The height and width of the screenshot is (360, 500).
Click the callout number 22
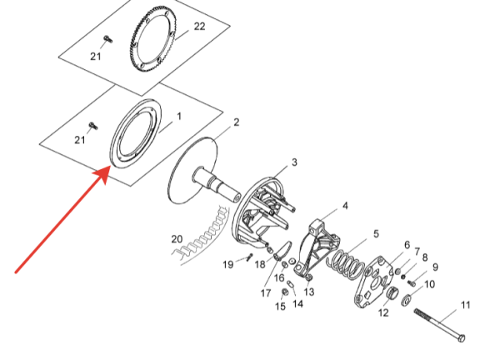pyautogui.click(x=200, y=27)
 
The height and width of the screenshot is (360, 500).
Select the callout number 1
pyautogui.click(x=179, y=117)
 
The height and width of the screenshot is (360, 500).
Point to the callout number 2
pyautogui.click(x=237, y=122)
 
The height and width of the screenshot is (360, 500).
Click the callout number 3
pyautogui.click(x=294, y=162)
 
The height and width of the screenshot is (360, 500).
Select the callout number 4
pyautogui.click(x=345, y=206)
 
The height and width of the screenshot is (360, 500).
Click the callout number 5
pyautogui.click(x=377, y=233)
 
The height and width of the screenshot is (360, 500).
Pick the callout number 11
pyautogui.click(x=466, y=305)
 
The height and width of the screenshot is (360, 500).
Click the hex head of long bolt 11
pyautogui.click(x=462, y=338)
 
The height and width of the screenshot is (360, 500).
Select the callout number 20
pyautogui.click(x=177, y=239)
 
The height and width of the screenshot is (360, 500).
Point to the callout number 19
pyautogui.click(x=227, y=264)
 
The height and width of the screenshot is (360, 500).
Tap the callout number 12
pyautogui.click(x=383, y=312)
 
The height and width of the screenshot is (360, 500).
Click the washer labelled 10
pyautogui.click(x=407, y=299)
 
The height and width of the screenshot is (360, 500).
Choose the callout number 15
pyautogui.click(x=280, y=306)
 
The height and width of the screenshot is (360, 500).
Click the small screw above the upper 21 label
pyautogui.click(x=108, y=39)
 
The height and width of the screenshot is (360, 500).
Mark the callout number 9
pyautogui.click(x=435, y=267)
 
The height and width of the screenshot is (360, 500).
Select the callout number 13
pyautogui.click(x=308, y=292)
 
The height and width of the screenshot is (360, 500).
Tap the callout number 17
pyautogui.click(x=266, y=293)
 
